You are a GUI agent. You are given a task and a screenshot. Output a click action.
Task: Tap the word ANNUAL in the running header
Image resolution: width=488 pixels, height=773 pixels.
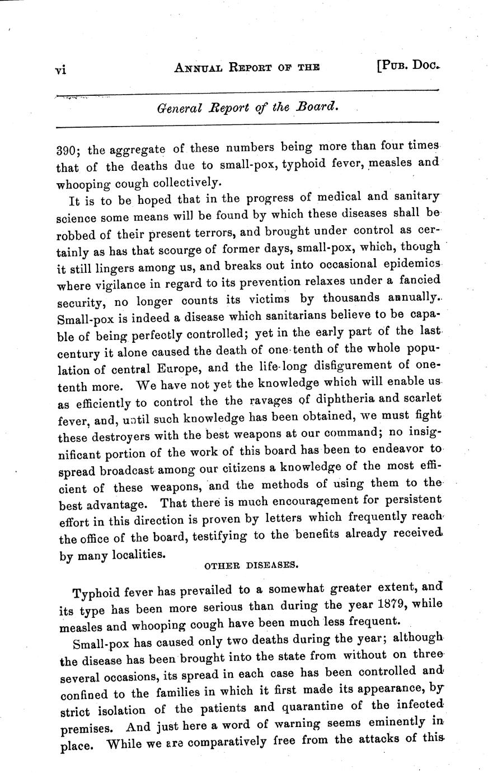(199, 68)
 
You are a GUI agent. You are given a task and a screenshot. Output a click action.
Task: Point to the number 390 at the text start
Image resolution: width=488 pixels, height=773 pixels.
(68, 151)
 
